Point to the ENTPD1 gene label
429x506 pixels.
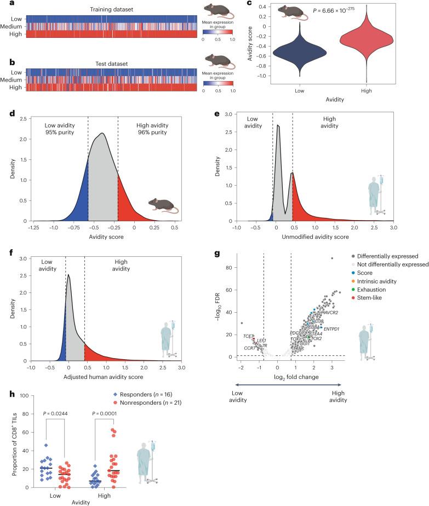(335, 329)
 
